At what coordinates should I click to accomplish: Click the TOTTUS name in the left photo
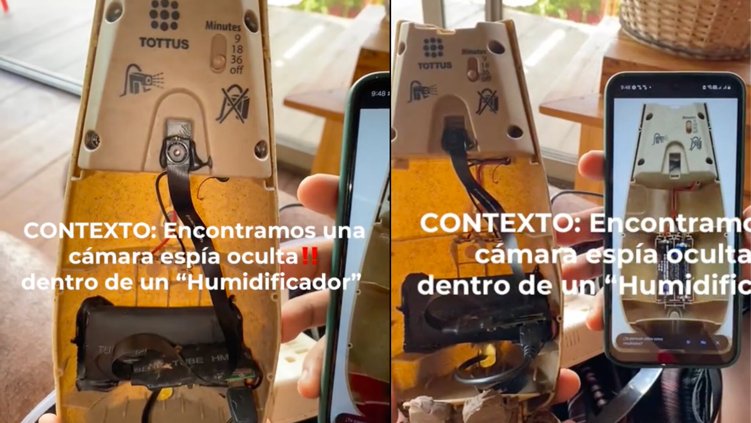pos(164,43)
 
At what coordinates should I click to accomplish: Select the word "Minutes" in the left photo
pos(223,26)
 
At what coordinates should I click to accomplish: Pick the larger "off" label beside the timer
pos(237,70)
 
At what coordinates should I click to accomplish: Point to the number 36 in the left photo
pos(236,59)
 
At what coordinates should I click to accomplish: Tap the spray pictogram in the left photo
pos(141,81)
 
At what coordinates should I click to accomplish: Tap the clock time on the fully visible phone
pos(625,87)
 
